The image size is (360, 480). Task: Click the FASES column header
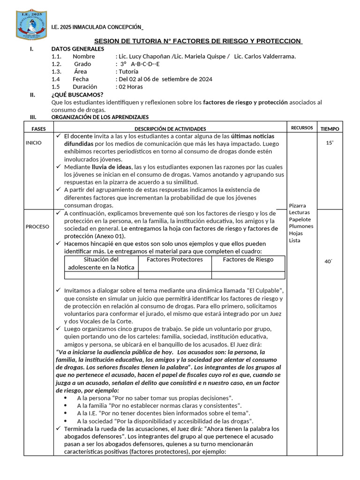point(38,128)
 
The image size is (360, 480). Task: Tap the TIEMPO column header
point(330,128)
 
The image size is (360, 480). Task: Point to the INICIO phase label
point(34,142)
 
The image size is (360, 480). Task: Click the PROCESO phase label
point(37,226)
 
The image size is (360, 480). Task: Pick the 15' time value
point(330,142)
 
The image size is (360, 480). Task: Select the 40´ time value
point(328,262)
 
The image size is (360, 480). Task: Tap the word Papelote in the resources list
point(300,219)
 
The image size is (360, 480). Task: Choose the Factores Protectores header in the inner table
point(175,259)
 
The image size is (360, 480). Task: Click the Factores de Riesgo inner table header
point(248,259)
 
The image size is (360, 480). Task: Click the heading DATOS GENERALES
point(78,49)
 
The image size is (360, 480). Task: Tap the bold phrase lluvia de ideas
point(112,166)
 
